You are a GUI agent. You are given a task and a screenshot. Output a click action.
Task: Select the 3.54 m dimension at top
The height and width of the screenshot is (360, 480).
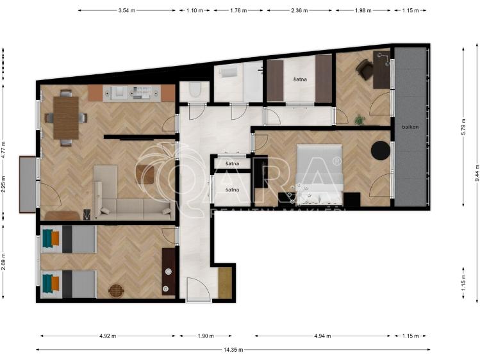126,11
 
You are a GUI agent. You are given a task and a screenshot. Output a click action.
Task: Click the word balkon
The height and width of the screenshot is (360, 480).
410,127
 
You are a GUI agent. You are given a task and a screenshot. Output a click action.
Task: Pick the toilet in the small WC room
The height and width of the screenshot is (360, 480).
195,91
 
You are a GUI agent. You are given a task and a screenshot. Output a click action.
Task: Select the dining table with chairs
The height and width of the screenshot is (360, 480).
65,117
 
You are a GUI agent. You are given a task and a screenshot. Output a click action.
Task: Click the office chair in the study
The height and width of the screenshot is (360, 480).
366,70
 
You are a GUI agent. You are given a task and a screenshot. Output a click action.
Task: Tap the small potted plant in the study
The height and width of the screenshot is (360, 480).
359,119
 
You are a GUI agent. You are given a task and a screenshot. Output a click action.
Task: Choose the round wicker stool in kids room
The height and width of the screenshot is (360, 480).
115,291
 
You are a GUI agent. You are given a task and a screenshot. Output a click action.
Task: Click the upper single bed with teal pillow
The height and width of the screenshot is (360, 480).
67,239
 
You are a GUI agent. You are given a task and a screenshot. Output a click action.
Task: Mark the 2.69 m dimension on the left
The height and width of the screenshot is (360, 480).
4,259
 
